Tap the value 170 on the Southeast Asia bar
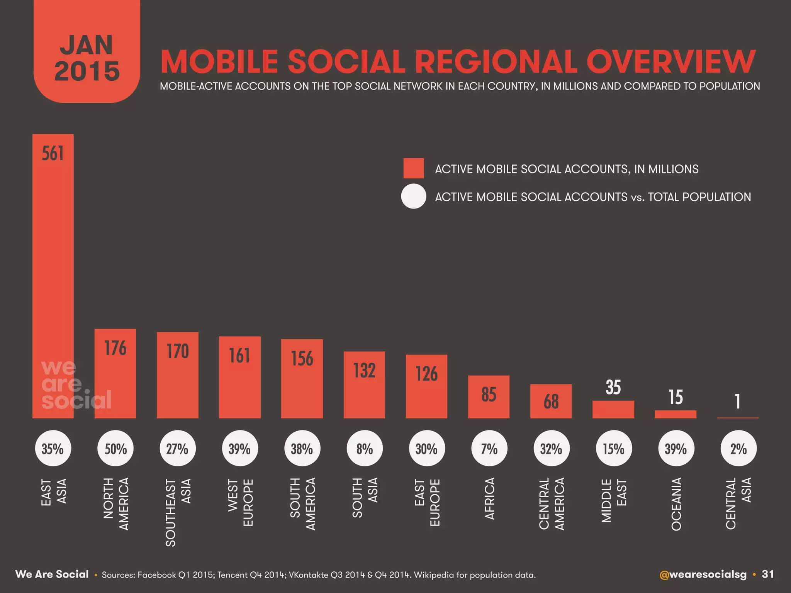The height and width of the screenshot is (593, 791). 178,351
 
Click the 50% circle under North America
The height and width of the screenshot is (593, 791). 115,449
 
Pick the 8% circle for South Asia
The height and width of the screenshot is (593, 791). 365,449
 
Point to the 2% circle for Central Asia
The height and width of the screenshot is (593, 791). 738,449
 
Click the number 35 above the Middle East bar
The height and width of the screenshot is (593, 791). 613,387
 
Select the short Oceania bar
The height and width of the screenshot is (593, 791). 676,414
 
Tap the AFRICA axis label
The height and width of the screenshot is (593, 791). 489,498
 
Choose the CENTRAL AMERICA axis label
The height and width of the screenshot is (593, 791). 552,504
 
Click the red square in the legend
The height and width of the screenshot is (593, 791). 413,168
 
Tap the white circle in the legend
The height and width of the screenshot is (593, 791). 413,197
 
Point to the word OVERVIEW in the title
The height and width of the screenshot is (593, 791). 670,62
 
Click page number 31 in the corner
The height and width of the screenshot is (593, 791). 768,574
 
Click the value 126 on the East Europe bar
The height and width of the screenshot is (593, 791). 426,374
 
